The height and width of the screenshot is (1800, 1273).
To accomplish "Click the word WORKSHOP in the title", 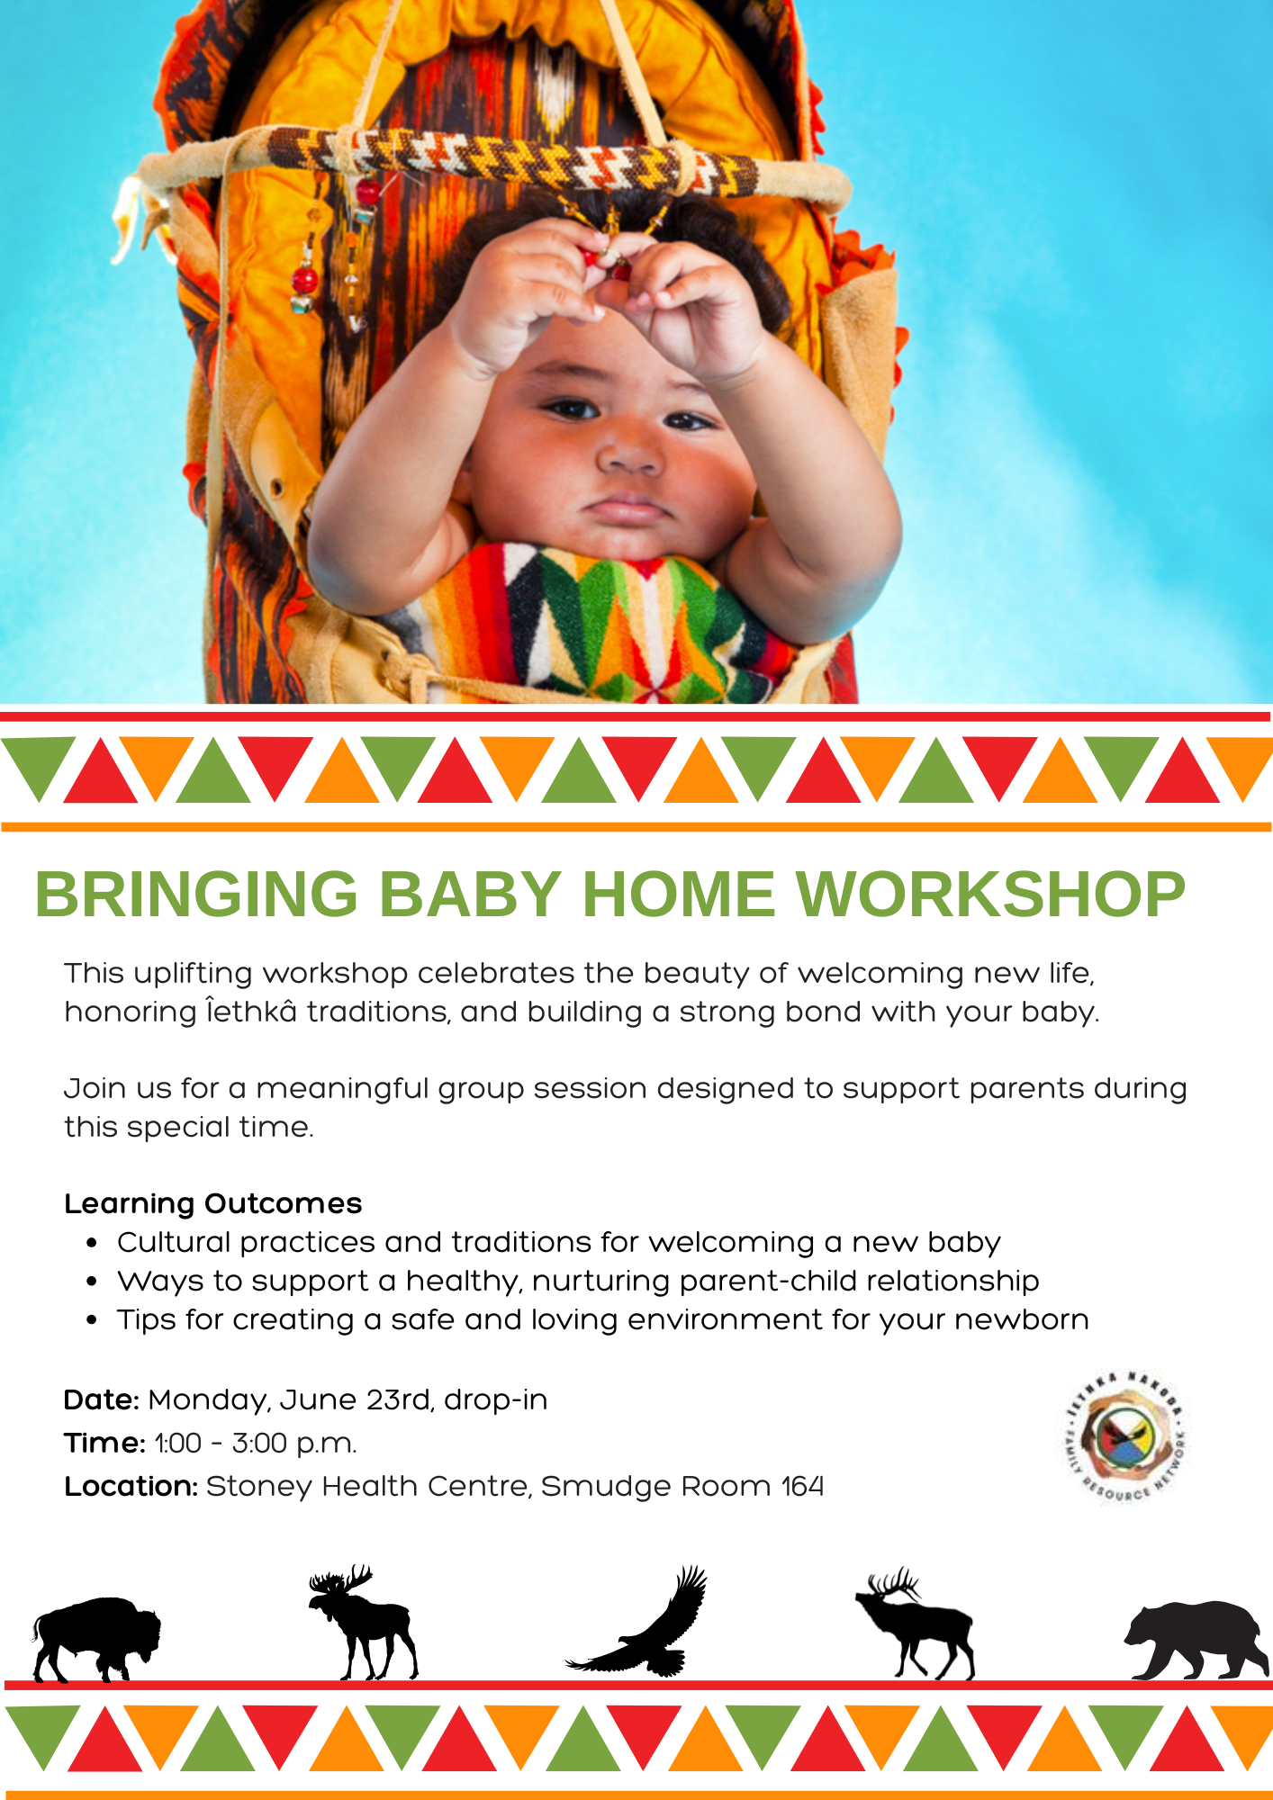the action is pos(990,895).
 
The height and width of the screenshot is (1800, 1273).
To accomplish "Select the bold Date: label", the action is pos(101,1400).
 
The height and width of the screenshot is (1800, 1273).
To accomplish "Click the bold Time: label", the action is pos(104,1444).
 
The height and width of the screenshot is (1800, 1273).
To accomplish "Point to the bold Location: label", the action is pos(131,1487).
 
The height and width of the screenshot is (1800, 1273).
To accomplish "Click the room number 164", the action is pos(802,1487).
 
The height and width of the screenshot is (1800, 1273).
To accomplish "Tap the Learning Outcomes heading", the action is pos(212,1204).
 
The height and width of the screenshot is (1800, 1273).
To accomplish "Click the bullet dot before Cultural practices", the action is pos(92,1244).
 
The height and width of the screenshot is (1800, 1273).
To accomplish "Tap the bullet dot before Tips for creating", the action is pos(92,1321).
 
